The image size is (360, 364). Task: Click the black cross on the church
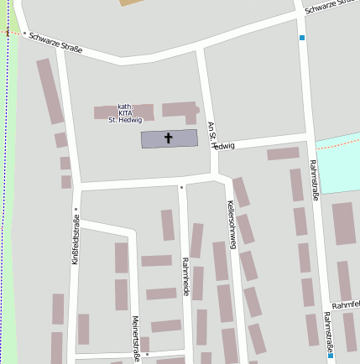coord(169,138)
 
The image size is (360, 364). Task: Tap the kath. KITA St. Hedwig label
coord(125,113)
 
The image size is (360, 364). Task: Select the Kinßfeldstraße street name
coord(75,240)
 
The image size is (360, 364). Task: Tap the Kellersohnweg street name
coord(232,225)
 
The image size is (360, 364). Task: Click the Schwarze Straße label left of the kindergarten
coord(55,43)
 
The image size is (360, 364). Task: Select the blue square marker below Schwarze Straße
coord(302,38)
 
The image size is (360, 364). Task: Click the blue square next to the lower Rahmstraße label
coord(331,356)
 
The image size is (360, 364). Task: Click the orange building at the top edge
coord(133,3)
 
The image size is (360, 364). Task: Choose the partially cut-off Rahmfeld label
coord(345,303)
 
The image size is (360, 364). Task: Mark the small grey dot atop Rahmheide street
coord(181,188)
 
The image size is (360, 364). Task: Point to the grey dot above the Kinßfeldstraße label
coord(76,210)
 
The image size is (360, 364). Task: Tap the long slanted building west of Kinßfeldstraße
coord(50,91)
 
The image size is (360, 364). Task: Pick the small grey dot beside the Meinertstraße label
coord(145,341)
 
